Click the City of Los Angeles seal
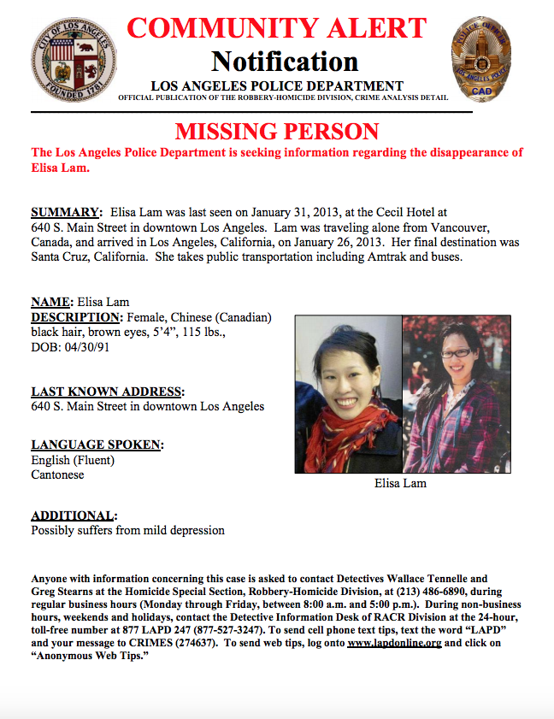point(74,59)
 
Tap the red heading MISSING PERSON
point(277,132)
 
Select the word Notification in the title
point(285,62)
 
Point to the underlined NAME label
point(52,302)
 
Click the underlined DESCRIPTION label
point(77,316)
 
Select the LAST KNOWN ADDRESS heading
point(108,392)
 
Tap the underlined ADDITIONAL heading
point(74,516)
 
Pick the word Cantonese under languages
point(57,474)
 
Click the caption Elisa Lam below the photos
point(400,483)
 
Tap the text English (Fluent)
point(73,460)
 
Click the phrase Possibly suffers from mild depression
point(127,530)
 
